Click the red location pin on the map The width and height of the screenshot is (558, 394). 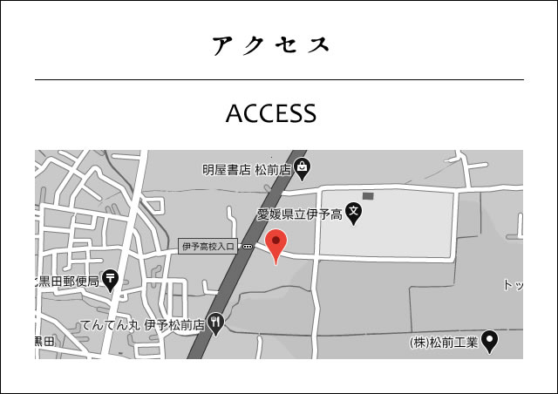click(x=276, y=244)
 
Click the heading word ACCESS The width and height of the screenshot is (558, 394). click(x=270, y=114)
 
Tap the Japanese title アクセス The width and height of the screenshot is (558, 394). click(x=271, y=45)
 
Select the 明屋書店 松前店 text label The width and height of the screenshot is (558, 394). click(x=246, y=169)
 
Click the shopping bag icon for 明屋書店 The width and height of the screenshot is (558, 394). click(x=301, y=166)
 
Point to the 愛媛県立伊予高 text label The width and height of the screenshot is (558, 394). click(x=300, y=212)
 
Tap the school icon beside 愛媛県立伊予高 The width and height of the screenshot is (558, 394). click(x=353, y=211)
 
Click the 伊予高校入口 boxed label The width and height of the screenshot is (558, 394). click(x=208, y=247)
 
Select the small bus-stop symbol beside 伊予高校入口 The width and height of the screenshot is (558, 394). click(x=248, y=247)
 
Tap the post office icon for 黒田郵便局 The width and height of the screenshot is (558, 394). click(x=111, y=279)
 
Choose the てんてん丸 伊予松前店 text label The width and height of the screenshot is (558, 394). click(x=142, y=325)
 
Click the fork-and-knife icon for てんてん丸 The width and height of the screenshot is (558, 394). click(x=215, y=323)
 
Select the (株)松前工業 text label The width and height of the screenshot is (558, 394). click(x=444, y=343)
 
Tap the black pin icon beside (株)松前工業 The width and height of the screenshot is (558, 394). click(x=490, y=342)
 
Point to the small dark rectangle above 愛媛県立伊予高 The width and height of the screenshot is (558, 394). click(x=368, y=195)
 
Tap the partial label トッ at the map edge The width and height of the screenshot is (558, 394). click(x=513, y=285)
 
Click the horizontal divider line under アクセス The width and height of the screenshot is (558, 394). click(x=279, y=79)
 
